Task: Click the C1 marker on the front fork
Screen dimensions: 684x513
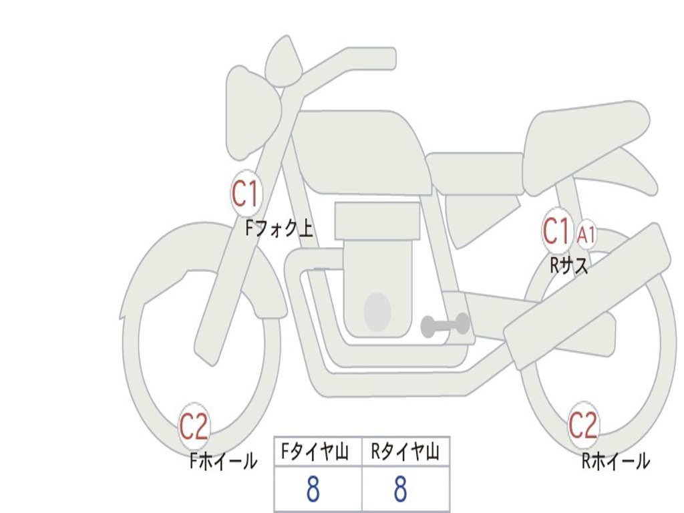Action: click(x=246, y=193)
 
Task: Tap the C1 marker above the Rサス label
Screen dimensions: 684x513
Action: click(x=557, y=230)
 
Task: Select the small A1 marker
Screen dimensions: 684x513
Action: click(x=586, y=235)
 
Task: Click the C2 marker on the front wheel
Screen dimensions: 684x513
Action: click(x=194, y=426)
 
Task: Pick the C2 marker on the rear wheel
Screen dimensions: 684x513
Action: click(x=582, y=425)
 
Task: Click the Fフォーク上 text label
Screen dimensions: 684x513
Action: click(x=279, y=228)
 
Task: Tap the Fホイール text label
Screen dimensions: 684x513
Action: click(x=223, y=461)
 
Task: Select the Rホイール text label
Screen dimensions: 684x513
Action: click(x=615, y=461)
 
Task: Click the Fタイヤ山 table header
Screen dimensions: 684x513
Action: click(x=315, y=452)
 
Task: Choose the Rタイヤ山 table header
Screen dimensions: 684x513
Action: click(x=405, y=452)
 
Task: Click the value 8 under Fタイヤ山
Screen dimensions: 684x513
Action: click(x=313, y=489)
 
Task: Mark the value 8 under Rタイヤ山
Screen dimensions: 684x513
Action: click(x=401, y=489)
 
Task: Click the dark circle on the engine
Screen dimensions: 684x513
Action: click(x=377, y=311)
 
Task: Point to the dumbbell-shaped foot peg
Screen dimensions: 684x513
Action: click(x=445, y=325)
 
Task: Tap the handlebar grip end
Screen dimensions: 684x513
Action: click(x=388, y=59)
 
